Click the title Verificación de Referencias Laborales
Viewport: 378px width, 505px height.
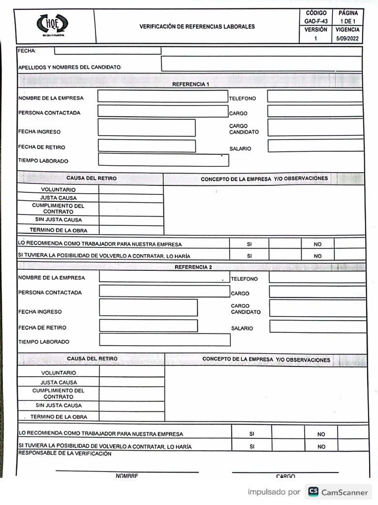197,27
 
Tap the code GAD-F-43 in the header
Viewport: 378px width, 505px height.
315,21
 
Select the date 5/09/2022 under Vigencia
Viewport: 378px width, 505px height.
347,38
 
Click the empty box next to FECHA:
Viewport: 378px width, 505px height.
107,50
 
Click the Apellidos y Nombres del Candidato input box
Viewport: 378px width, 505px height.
261,64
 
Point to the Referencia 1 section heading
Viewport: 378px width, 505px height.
190,84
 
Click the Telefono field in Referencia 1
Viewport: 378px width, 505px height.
315,97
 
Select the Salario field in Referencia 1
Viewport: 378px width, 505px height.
315,146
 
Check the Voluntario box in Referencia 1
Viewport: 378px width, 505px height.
131,189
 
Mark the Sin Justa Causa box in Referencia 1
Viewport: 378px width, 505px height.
131,220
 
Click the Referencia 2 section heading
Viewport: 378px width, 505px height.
193,267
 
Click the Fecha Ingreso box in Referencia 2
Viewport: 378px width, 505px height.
148,307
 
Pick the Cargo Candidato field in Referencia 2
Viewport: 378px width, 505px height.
317,308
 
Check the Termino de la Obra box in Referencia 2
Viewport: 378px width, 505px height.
131,417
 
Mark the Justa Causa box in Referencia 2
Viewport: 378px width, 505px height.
131,382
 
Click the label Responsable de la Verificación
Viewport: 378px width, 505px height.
64,453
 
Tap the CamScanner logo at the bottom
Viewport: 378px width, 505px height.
338,492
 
